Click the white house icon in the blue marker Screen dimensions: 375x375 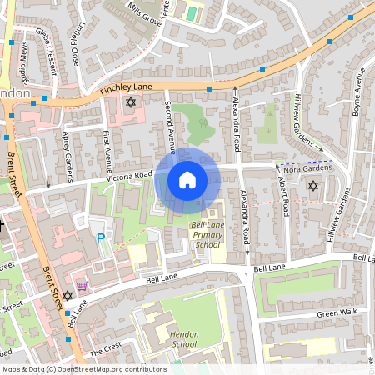(x=187, y=179)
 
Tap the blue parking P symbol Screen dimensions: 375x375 (x=102, y=238)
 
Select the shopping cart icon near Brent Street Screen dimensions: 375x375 (x=81, y=286)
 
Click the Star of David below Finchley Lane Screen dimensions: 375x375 (x=129, y=102)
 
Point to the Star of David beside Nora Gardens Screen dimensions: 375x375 (x=313, y=184)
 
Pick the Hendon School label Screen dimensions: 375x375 (x=185, y=338)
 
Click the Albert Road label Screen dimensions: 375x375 (x=285, y=195)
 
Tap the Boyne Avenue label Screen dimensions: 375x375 (x=361, y=92)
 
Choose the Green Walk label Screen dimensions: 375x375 (x=336, y=313)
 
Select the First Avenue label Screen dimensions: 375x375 (x=107, y=149)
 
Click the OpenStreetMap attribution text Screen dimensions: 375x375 (x=84, y=369)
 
